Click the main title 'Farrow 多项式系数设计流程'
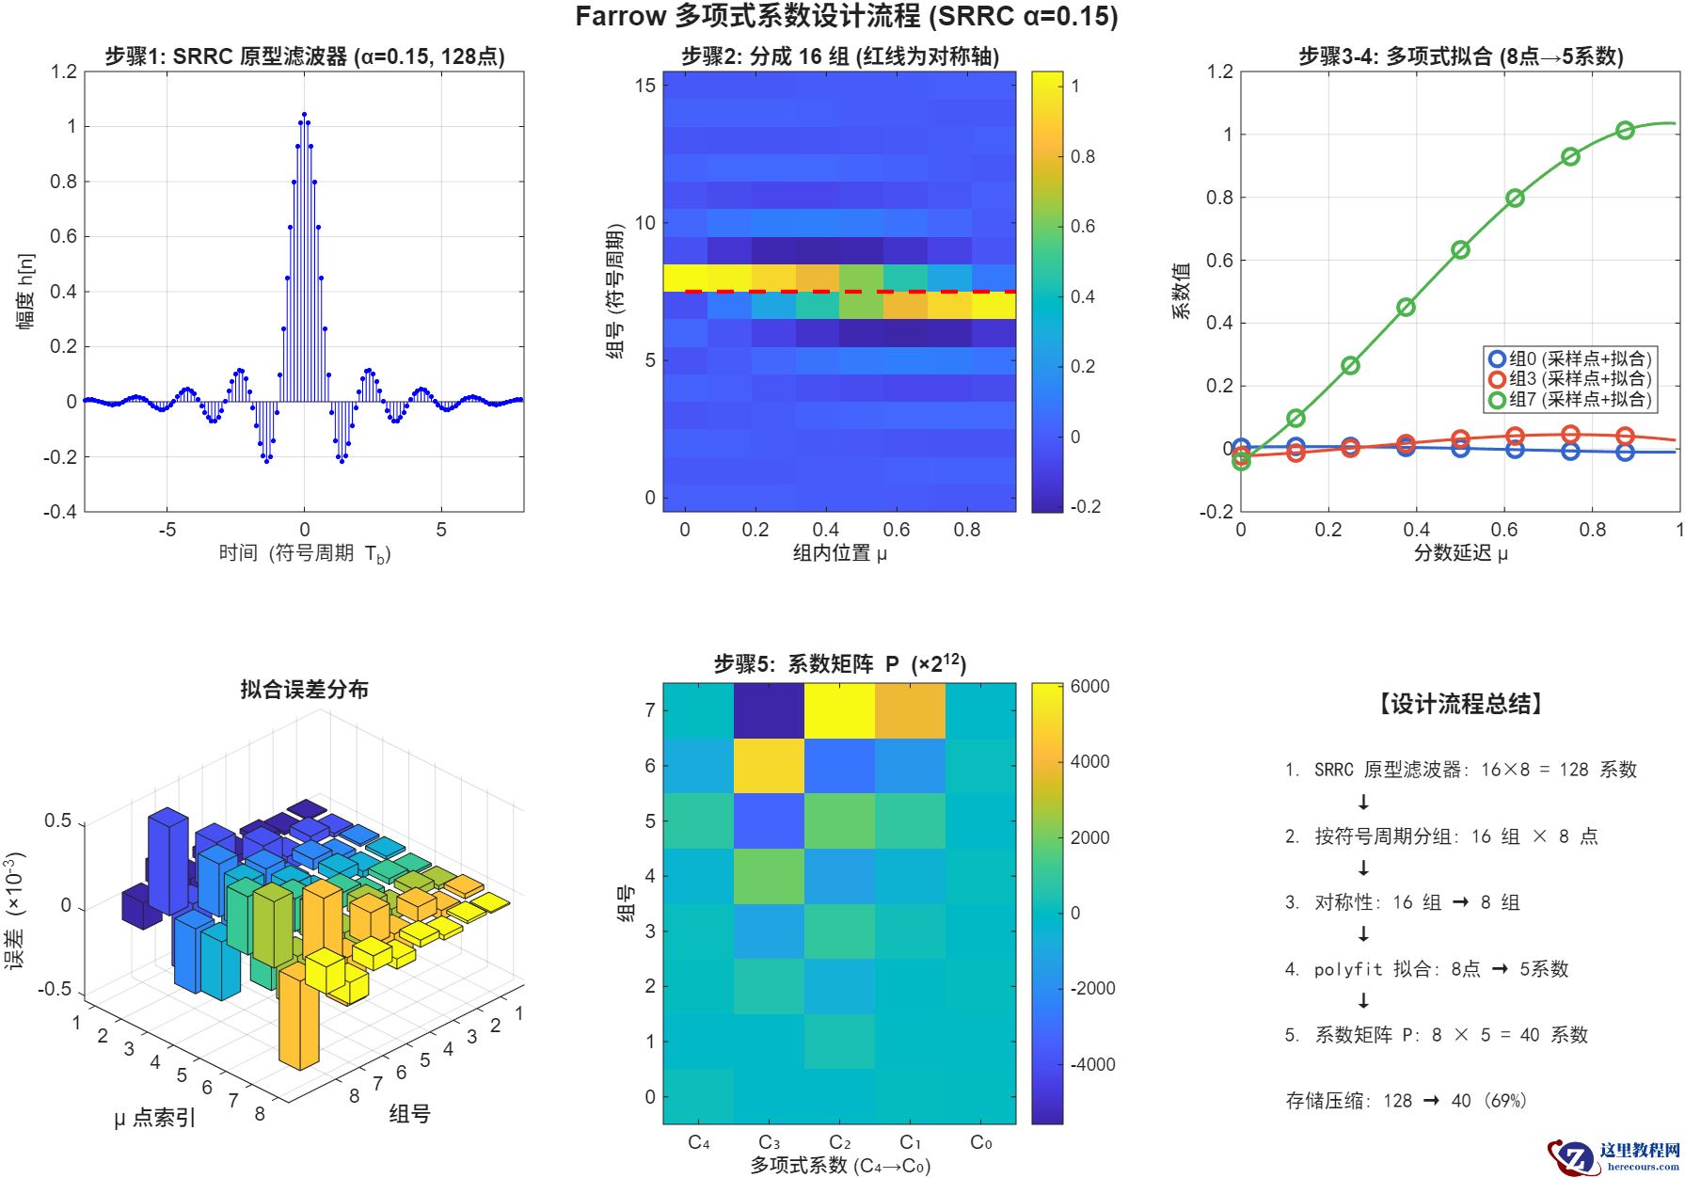(x=846, y=17)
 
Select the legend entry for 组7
(x=1570, y=399)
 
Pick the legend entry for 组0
(x=1570, y=358)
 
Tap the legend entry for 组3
(x=1570, y=378)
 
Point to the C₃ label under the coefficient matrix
(x=769, y=1142)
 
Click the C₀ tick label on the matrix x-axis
(x=980, y=1142)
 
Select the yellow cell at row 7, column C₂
(x=839, y=710)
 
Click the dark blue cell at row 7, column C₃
(x=769, y=710)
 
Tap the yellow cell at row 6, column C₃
(x=769, y=765)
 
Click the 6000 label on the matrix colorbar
(x=1089, y=687)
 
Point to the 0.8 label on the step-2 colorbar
(x=1083, y=156)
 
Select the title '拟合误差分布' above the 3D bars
(x=304, y=690)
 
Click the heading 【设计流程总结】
(x=1461, y=704)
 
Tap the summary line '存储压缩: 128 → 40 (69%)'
(x=1406, y=1101)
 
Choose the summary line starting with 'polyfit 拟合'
(x=1426, y=969)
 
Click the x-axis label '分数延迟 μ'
(x=1460, y=553)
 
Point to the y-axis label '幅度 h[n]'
(x=25, y=291)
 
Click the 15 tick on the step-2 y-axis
(x=644, y=86)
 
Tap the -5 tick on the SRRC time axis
(x=167, y=530)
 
